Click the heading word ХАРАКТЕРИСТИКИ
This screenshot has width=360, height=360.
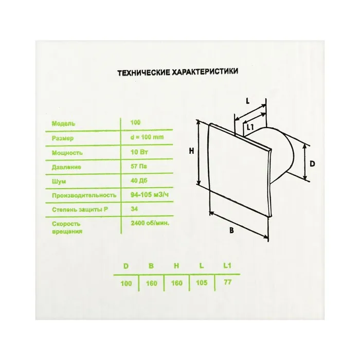click(205, 71)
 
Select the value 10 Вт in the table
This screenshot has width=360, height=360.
click(139, 152)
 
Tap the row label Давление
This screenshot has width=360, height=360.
click(66, 167)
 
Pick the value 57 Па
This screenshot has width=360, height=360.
click(139, 166)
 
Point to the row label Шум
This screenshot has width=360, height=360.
click(59, 182)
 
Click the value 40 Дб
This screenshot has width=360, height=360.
click(139, 181)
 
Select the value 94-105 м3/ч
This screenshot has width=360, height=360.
click(150, 195)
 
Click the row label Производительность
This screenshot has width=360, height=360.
click(84, 195)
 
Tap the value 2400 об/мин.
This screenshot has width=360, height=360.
click(150, 223)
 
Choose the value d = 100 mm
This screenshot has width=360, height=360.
click(147, 137)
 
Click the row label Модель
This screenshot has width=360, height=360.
click(63, 123)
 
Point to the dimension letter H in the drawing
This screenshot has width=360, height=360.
click(191, 151)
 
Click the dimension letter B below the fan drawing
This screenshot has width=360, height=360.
click(231, 230)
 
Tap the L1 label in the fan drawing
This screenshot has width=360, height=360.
click(250, 127)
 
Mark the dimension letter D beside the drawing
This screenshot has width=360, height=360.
click(312, 164)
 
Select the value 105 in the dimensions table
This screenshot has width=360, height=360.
click(202, 283)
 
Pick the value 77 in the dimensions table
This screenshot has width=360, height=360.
click(227, 282)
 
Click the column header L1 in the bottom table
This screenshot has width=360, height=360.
click(227, 266)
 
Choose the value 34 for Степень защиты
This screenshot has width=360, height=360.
click(134, 209)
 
